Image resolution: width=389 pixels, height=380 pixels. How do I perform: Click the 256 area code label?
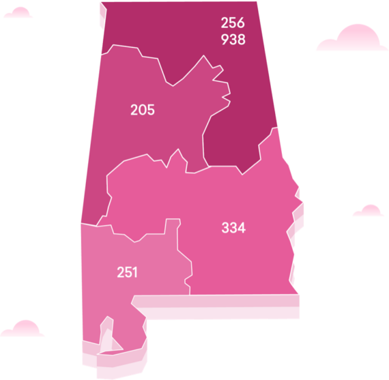point(233,23)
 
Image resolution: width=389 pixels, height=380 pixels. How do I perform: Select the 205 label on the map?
point(143,109)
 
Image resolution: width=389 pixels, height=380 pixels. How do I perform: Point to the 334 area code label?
point(233,228)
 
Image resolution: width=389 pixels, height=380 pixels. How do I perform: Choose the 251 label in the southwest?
point(127,272)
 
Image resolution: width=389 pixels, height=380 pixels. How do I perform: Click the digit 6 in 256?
point(241,23)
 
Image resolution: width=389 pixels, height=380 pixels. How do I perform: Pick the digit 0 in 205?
point(143,109)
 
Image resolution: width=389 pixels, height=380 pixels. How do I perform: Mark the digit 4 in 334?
point(242,228)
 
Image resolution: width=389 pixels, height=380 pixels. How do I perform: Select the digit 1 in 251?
point(134,272)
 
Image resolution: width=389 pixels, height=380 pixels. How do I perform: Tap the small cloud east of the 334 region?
point(369,211)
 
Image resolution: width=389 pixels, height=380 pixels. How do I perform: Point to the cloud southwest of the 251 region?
point(23,330)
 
